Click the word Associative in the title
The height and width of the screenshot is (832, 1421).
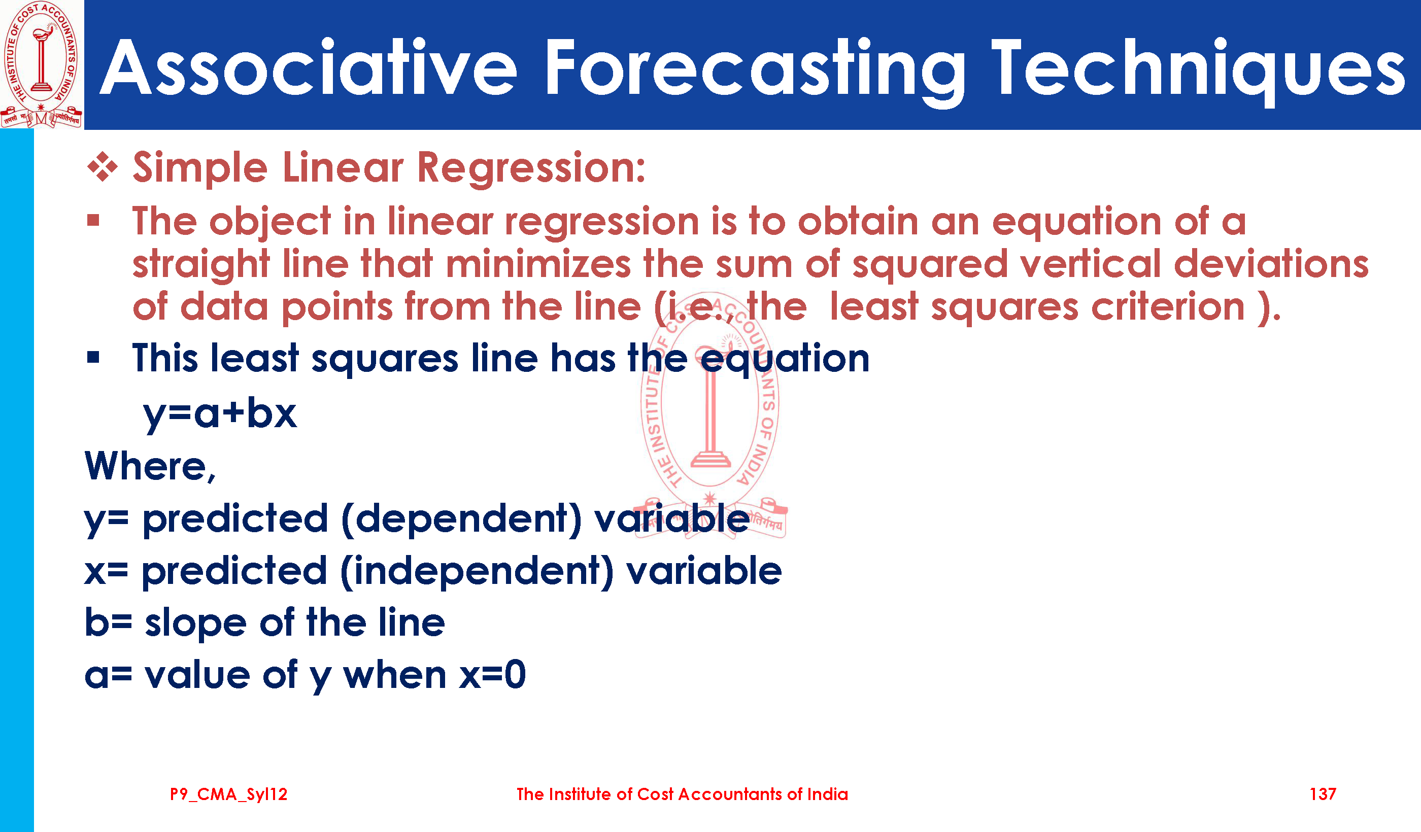(x=309, y=67)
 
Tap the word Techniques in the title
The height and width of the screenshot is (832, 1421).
(x=1198, y=71)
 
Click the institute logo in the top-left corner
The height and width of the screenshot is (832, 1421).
(x=41, y=64)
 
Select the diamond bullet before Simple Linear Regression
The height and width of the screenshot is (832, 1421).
(x=103, y=167)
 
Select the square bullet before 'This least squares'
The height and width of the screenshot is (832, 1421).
(x=93, y=357)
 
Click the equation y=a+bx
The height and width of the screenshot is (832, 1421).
(x=220, y=414)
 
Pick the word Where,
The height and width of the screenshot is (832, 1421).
(x=151, y=466)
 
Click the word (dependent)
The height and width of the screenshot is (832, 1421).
(x=461, y=518)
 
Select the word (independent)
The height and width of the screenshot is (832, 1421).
(x=477, y=571)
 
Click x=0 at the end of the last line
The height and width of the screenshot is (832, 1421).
(x=492, y=675)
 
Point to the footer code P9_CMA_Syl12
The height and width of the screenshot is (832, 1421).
(x=229, y=794)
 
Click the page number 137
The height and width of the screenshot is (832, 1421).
(x=1323, y=794)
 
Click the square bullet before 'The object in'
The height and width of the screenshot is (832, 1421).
(x=93, y=220)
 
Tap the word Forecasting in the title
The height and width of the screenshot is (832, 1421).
(x=755, y=71)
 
